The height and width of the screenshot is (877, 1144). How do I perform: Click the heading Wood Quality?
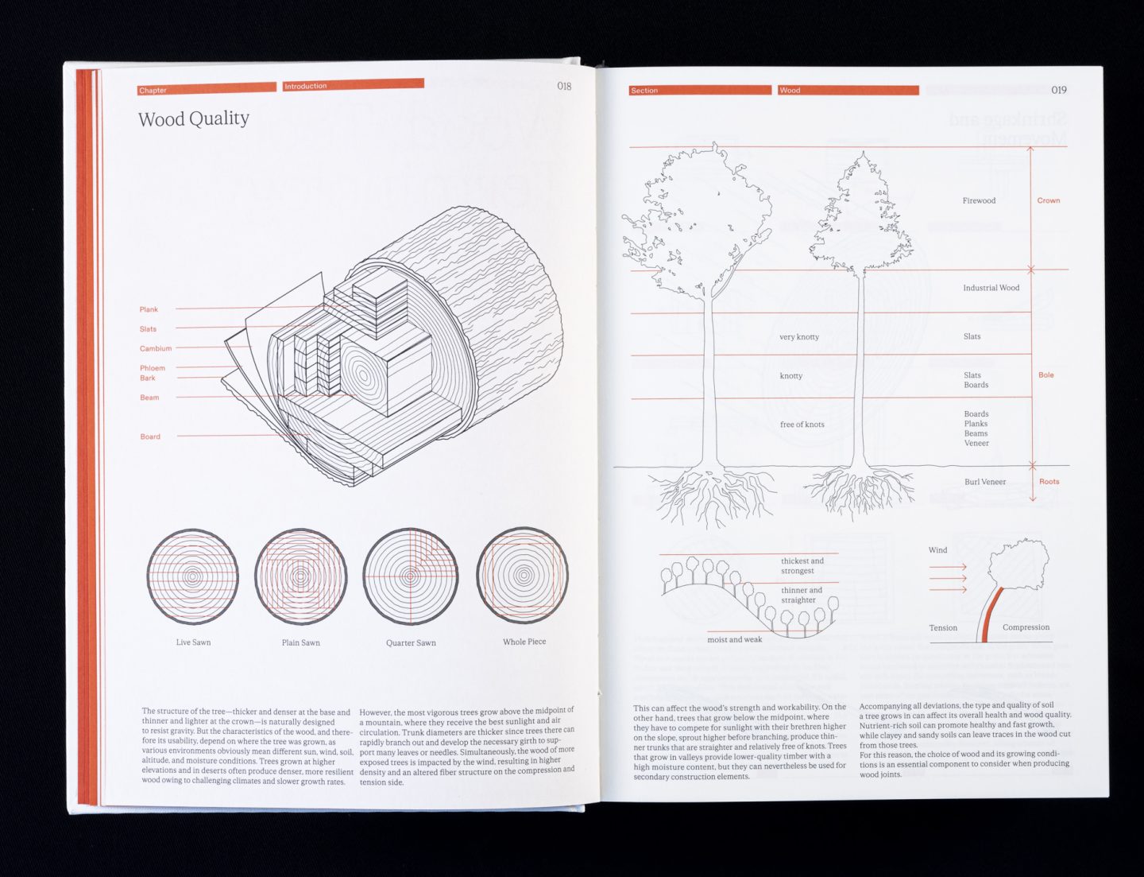click(193, 119)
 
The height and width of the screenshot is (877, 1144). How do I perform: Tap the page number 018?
click(564, 86)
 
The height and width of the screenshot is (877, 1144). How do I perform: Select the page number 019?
click(1059, 90)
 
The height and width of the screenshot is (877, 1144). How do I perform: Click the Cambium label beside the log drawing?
click(156, 348)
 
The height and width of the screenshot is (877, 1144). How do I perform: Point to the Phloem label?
click(153, 368)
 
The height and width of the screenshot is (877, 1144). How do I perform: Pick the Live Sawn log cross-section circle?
click(192, 576)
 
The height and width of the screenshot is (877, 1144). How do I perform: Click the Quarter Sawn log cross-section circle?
click(410, 576)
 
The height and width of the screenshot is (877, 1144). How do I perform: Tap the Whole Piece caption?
click(524, 642)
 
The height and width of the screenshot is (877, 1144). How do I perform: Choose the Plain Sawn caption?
click(301, 642)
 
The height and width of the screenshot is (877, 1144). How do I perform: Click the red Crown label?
click(1048, 200)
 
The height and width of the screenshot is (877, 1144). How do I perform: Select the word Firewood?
click(979, 200)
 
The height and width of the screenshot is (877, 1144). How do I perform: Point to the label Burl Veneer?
click(985, 482)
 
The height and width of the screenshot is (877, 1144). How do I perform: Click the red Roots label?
click(1049, 482)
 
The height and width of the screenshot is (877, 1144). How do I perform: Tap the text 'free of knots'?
click(802, 425)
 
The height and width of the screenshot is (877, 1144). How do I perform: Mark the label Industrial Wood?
click(991, 288)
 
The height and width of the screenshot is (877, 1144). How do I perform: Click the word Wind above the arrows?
click(937, 550)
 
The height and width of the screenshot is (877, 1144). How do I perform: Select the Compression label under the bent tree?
click(1026, 627)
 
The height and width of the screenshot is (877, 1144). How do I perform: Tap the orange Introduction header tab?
click(353, 85)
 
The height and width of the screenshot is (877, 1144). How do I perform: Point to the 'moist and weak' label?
click(734, 639)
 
